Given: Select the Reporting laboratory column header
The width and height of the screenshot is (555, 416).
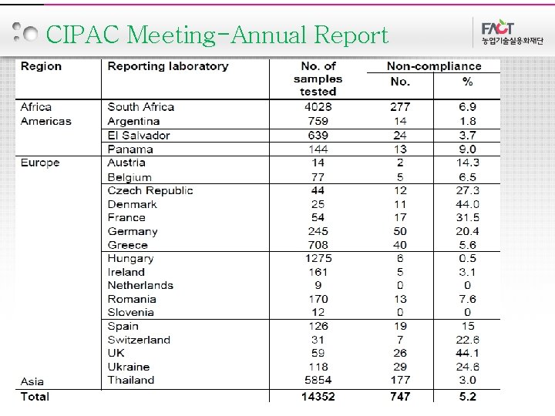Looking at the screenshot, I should (x=168, y=66).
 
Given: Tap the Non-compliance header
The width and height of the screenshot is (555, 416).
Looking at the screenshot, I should (x=433, y=66).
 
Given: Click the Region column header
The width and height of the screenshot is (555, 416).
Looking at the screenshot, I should (x=41, y=66).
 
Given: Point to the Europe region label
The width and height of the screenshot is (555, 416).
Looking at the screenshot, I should (x=40, y=163).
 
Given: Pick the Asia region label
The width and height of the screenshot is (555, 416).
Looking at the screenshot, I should (x=32, y=381).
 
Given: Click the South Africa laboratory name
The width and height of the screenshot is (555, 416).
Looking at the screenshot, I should (x=141, y=107).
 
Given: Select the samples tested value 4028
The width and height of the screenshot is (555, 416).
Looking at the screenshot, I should (x=318, y=107).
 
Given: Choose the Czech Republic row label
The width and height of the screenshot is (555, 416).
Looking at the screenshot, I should (x=150, y=190).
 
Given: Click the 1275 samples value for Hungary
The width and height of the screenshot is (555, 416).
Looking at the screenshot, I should (x=318, y=258).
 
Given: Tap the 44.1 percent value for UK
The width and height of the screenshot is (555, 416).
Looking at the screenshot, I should (x=466, y=353).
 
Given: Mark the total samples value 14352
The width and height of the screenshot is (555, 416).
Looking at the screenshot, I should (x=318, y=397).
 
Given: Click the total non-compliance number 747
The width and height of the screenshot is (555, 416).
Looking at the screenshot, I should (x=400, y=397).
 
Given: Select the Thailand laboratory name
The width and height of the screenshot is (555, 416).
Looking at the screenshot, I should (x=131, y=380).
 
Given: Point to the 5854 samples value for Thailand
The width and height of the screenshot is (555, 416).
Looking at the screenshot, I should (x=318, y=380).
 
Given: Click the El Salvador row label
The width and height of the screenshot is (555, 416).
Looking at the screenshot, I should (x=139, y=135).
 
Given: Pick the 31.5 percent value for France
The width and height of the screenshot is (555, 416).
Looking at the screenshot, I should (x=466, y=217).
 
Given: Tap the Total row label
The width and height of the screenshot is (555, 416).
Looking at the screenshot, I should (x=35, y=397).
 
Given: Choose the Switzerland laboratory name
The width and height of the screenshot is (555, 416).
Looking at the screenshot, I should (x=139, y=340).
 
